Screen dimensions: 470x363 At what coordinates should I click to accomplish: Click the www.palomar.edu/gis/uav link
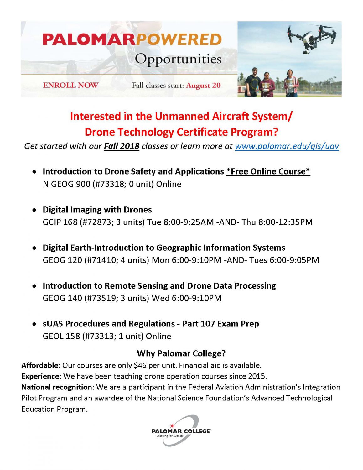[x=287, y=146]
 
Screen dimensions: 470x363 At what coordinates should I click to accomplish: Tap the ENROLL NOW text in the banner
[x=70, y=85]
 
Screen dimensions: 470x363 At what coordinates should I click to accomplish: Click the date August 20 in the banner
[x=203, y=86]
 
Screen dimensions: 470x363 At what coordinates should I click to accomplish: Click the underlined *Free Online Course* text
[x=268, y=171]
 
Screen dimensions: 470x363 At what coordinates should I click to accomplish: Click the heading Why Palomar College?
[x=181, y=353]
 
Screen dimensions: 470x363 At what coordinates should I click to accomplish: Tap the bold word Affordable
[x=40, y=365]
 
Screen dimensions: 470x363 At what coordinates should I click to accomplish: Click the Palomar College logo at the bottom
[x=181, y=431]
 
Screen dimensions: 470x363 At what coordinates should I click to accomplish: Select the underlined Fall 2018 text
[x=122, y=146]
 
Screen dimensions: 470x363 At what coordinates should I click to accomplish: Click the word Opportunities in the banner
[x=178, y=59]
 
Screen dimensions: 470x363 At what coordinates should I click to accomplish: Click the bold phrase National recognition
[x=57, y=387]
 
